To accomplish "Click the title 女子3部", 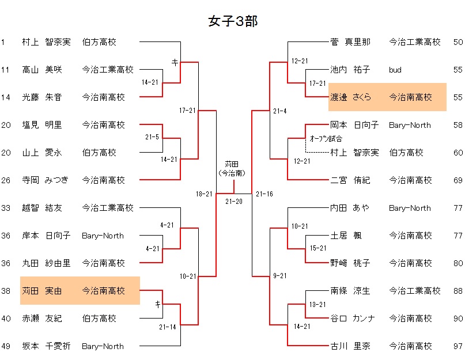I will pyautogui.click(x=232, y=21).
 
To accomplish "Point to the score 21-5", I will pyautogui.click(x=153, y=137).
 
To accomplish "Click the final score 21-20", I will pyautogui.click(x=233, y=201).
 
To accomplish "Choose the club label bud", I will pyautogui.click(x=395, y=70).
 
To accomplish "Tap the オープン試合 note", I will pyautogui.click(x=326, y=138).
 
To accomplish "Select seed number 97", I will pyautogui.click(x=458, y=346).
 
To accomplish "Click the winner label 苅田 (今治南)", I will pyautogui.click(x=233, y=168).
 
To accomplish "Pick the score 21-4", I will pyautogui.click(x=280, y=111).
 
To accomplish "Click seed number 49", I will pyautogui.click(x=6, y=346).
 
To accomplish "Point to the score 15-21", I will pyautogui.click(x=318, y=248).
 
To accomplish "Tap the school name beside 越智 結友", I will pyautogui.click(x=108, y=208).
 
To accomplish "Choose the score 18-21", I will pyautogui.click(x=204, y=194).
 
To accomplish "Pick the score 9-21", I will pyautogui.click(x=280, y=276).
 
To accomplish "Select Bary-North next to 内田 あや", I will pyautogui.click(x=410, y=208).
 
